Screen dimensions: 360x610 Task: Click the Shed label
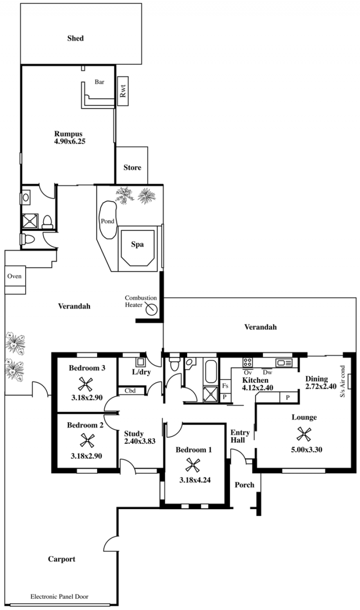pos(75,38)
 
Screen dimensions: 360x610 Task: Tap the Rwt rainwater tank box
pos(123,91)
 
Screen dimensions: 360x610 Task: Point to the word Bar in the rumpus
pos(99,81)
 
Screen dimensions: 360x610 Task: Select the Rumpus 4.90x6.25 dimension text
pos(70,141)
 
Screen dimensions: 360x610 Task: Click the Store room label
pos(132,167)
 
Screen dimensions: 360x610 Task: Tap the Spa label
pos(137,244)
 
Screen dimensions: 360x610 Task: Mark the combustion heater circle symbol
pos(151,310)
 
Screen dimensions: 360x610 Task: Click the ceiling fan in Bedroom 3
pos(85,384)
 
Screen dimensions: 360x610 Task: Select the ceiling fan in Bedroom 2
pos(87,440)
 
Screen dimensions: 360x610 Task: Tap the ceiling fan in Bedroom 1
pos(193,465)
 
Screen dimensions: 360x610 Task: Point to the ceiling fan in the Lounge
pos(304,434)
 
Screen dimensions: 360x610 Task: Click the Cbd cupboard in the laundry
pos(131,391)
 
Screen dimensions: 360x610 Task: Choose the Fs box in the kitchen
pos(225,386)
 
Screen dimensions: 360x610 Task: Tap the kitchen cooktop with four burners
pos(247,362)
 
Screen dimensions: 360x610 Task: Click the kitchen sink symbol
pos(284,363)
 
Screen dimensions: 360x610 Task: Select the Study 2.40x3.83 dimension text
pos(139,441)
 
